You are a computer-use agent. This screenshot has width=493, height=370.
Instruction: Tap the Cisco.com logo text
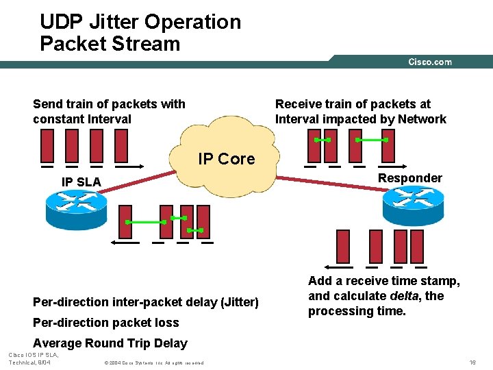click(429, 62)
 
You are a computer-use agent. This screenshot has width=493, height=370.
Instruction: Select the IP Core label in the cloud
click(226, 159)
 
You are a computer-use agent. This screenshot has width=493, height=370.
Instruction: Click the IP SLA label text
click(81, 182)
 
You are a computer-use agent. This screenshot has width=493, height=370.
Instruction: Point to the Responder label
click(410, 178)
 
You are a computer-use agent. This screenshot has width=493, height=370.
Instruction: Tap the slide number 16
click(472, 361)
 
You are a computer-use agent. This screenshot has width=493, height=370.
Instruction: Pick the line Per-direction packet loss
click(105, 323)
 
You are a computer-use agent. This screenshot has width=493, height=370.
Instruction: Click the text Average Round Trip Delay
click(110, 343)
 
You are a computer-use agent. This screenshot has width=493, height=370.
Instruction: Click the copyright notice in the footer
click(153, 362)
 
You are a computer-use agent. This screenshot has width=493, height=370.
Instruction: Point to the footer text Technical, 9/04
click(29, 362)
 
